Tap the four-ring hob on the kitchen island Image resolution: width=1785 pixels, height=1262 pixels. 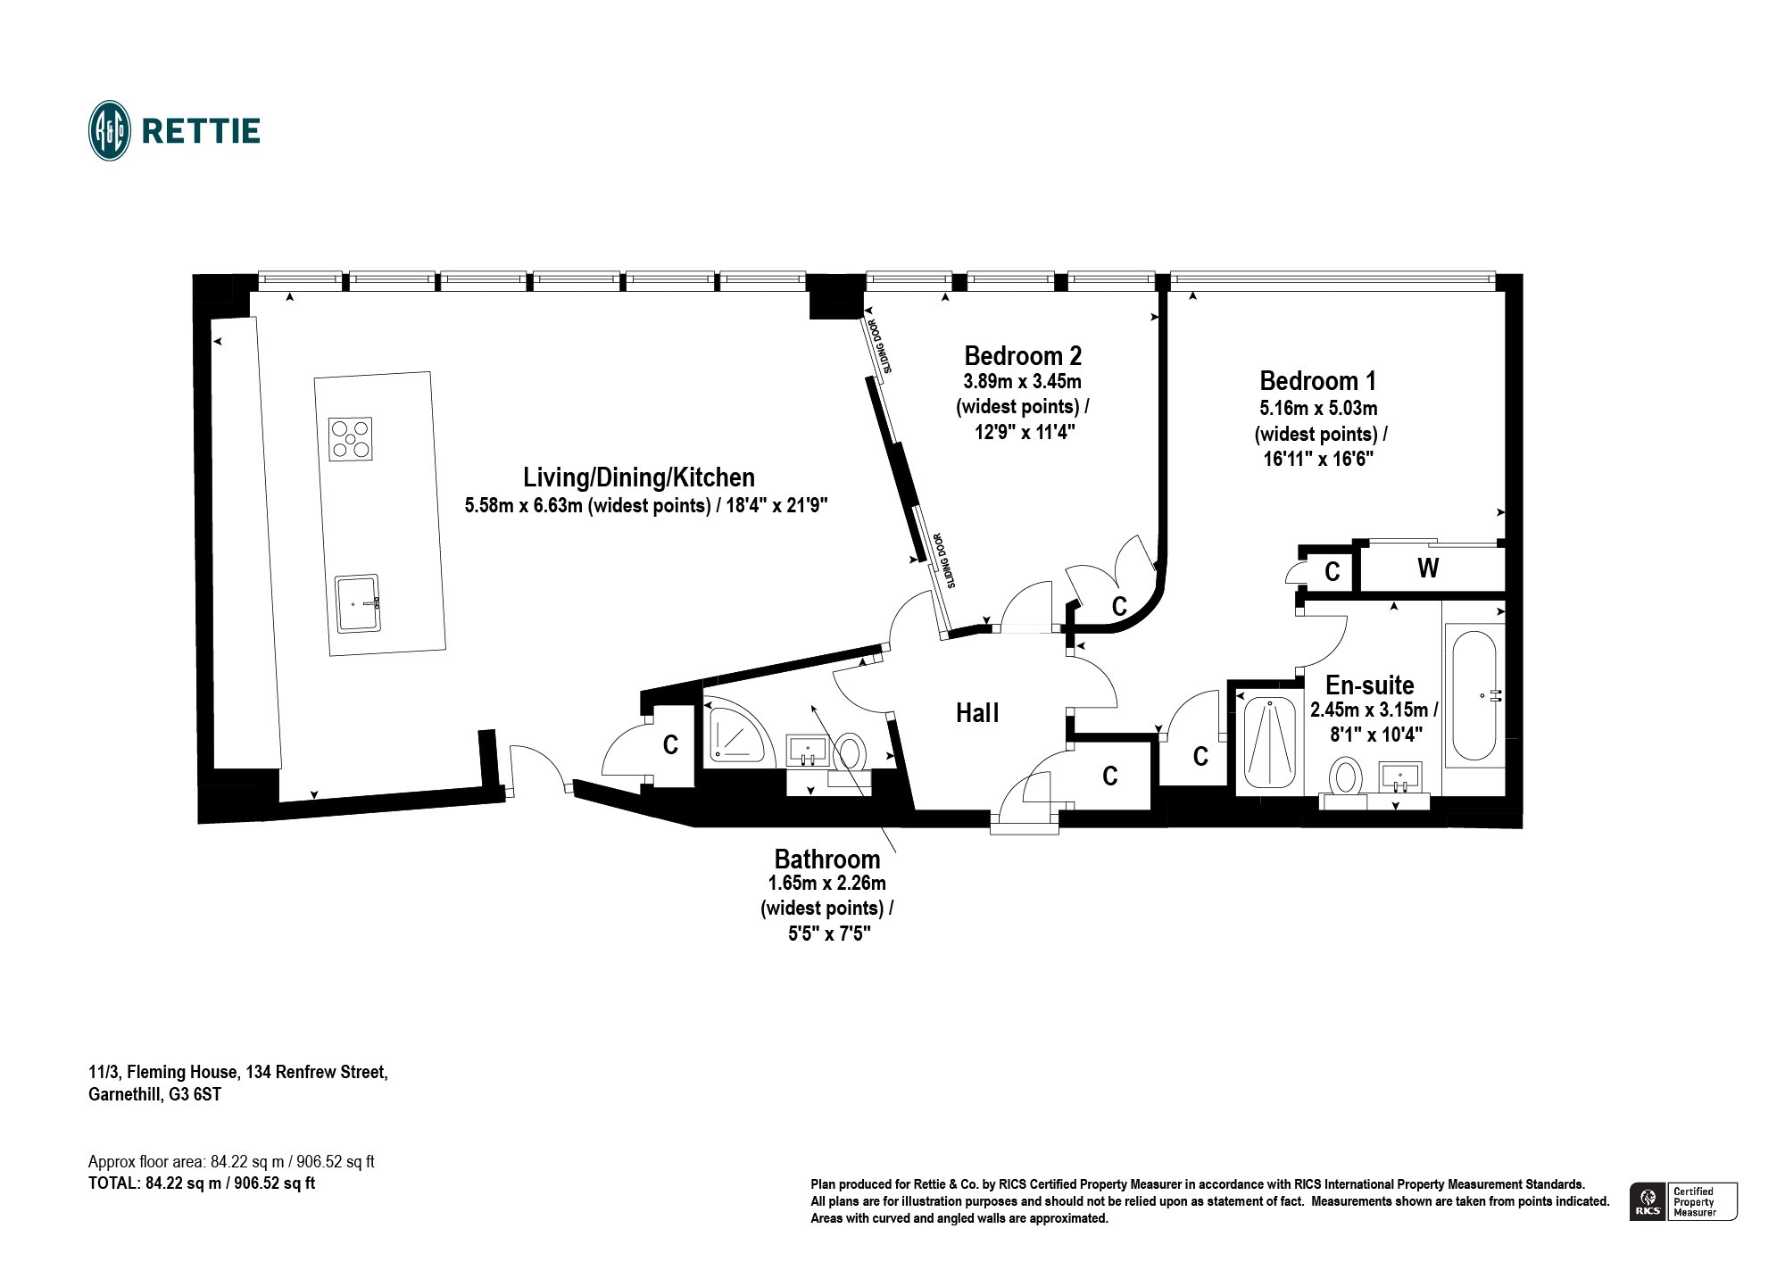351,439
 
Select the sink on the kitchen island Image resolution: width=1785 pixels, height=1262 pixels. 357,603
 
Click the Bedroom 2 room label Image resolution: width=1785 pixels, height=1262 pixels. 1023,356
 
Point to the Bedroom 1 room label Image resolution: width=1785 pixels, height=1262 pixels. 1317,381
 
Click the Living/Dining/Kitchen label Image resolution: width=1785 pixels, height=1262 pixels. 639,477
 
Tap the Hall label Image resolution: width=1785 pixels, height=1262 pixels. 977,713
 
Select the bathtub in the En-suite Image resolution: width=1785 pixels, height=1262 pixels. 1474,696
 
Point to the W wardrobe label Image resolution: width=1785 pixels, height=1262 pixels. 1428,568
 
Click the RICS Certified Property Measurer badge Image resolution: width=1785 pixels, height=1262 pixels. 1683,1201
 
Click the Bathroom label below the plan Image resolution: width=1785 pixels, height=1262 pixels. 827,859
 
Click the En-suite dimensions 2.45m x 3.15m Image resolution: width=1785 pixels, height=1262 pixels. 1374,710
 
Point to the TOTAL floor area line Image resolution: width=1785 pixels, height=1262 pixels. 202,1184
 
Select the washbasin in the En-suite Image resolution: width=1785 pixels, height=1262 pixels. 1399,778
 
